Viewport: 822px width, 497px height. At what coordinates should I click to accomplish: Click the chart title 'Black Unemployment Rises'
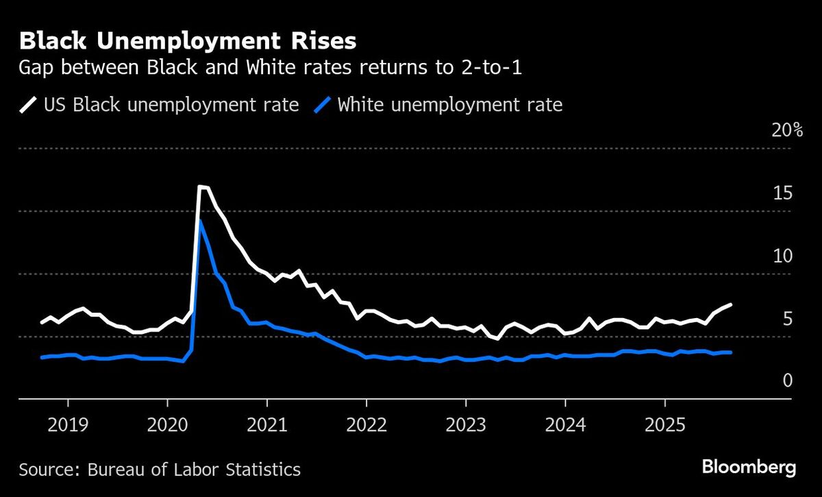coord(188,41)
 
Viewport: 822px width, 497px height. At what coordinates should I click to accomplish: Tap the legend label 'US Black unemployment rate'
coord(171,105)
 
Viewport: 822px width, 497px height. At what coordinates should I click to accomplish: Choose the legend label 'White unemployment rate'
coord(450,105)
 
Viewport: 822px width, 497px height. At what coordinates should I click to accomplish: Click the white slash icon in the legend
coord(28,105)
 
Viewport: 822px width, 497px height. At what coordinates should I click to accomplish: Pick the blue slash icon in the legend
coord(323,105)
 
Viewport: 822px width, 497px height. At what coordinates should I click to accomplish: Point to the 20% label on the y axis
coord(786,130)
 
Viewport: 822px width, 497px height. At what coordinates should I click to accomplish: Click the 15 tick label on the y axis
coord(782,193)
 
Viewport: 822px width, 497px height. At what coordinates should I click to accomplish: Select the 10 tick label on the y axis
coord(782,256)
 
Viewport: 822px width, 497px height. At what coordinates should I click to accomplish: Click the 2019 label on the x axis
coord(67,425)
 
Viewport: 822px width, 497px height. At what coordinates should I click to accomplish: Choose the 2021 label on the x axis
coord(266,425)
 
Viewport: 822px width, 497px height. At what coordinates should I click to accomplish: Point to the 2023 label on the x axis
coord(465,425)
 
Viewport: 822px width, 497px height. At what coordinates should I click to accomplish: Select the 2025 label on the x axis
coord(664,425)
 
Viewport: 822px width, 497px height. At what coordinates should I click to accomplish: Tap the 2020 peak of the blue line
coord(200,221)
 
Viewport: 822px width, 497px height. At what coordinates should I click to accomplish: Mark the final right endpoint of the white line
coord(731,304)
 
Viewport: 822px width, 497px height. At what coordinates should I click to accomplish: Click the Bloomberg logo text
coord(749,468)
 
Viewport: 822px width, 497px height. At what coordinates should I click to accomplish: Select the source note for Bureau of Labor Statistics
coord(160,470)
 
